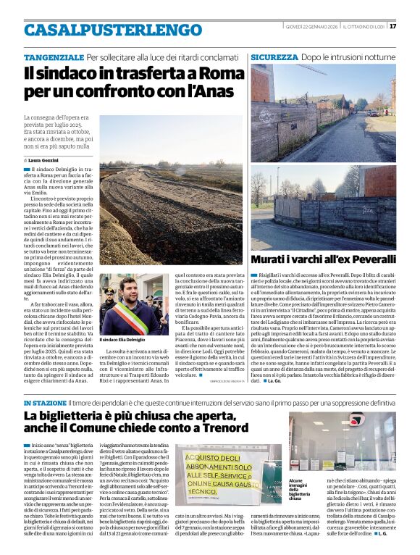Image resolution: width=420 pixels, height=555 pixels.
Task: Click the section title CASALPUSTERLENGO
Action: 103,30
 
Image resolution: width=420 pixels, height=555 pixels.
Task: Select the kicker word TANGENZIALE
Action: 54,57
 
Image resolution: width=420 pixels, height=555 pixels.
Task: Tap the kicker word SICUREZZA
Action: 274,57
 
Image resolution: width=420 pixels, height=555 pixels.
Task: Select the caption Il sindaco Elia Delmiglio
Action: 122,339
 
